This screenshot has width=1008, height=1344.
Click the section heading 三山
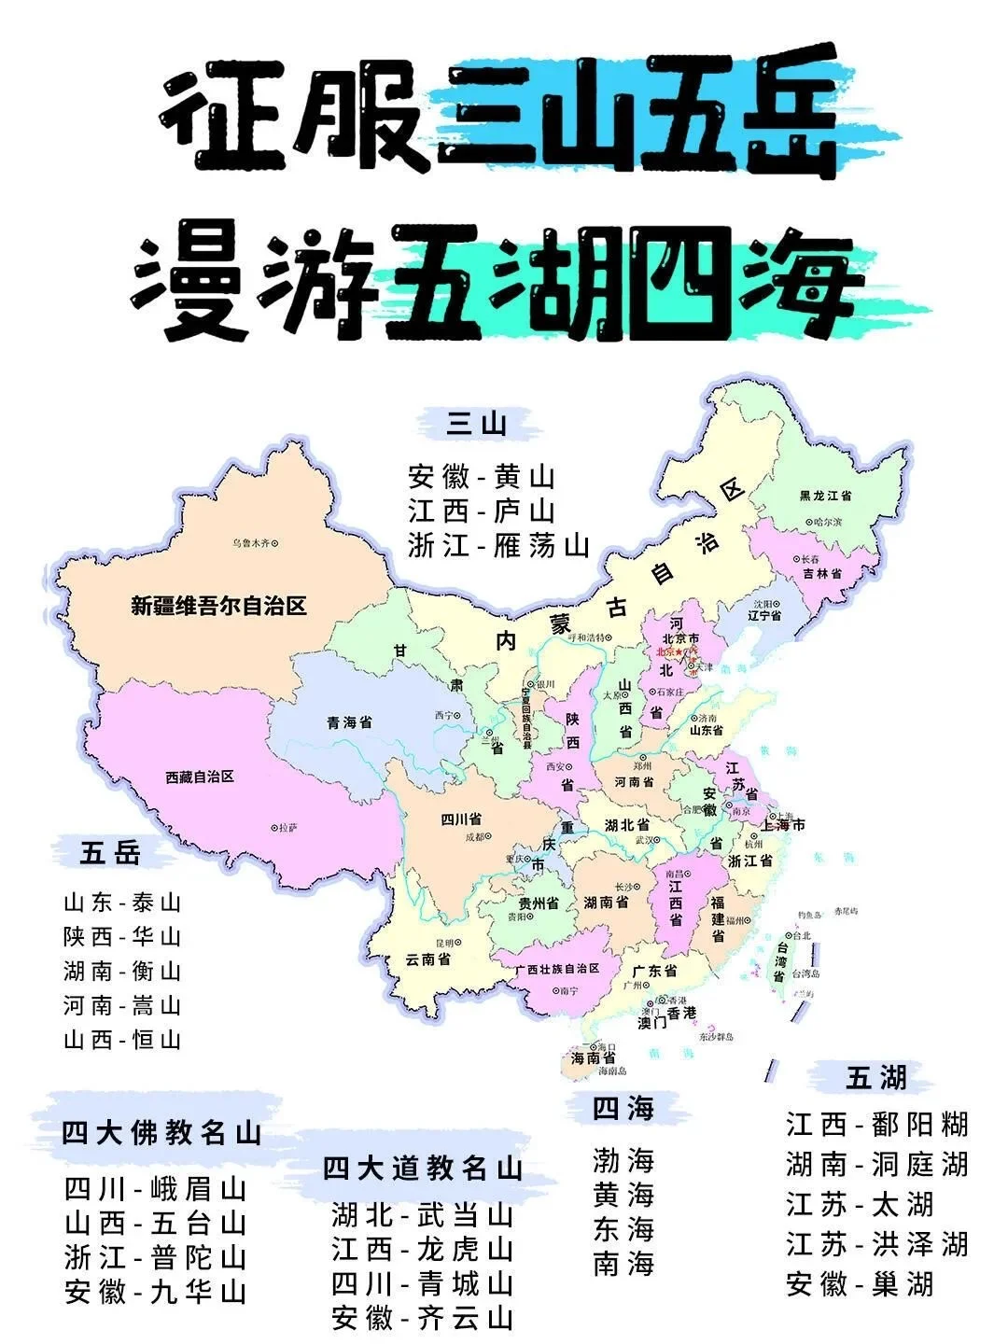[x=477, y=426]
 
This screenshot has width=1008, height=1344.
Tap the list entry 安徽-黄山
[x=482, y=478]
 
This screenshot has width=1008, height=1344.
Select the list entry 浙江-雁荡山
[x=498, y=545]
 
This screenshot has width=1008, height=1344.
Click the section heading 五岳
[x=110, y=853]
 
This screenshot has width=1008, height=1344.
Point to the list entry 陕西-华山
[x=121, y=937]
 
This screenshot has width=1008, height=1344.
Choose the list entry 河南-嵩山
[x=121, y=1006]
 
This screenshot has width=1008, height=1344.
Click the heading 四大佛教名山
[x=161, y=1133]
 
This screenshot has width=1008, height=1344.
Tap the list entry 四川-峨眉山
[x=155, y=1190]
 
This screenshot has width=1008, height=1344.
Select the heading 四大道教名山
[x=423, y=1168]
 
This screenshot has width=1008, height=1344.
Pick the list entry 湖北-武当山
[x=423, y=1215]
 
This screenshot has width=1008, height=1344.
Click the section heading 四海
[x=623, y=1109]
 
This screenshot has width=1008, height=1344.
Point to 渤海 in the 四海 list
[x=623, y=1161]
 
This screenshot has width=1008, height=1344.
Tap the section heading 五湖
[x=876, y=1078]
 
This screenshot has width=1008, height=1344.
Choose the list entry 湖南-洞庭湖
[x=876, y=1165]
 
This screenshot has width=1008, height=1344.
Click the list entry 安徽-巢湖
[x=860, y=1284]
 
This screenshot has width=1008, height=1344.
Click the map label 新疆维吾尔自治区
[x=218, y=607]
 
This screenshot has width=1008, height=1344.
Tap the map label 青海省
[x=350, y=722]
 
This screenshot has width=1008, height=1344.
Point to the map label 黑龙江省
[x=832, y=497]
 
